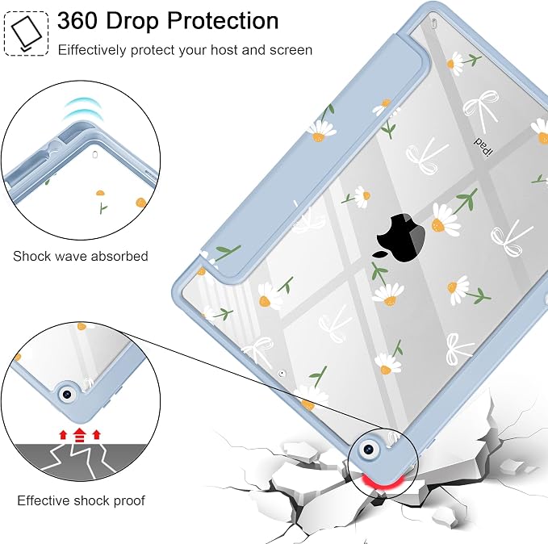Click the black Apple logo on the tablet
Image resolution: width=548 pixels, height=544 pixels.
400,238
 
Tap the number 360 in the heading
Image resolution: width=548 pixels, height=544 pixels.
77,20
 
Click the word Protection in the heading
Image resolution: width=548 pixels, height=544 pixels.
223,20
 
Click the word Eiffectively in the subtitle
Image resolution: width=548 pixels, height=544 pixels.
92,50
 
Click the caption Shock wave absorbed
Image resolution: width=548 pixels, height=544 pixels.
81,257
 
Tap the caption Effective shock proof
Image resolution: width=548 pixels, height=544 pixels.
81,500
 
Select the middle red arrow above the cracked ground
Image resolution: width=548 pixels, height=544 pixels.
80,435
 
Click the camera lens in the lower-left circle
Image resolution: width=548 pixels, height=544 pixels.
66,395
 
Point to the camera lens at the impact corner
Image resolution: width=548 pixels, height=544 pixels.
369,449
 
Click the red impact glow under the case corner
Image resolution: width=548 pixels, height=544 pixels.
381,481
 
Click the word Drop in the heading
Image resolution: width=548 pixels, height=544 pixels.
132,21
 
